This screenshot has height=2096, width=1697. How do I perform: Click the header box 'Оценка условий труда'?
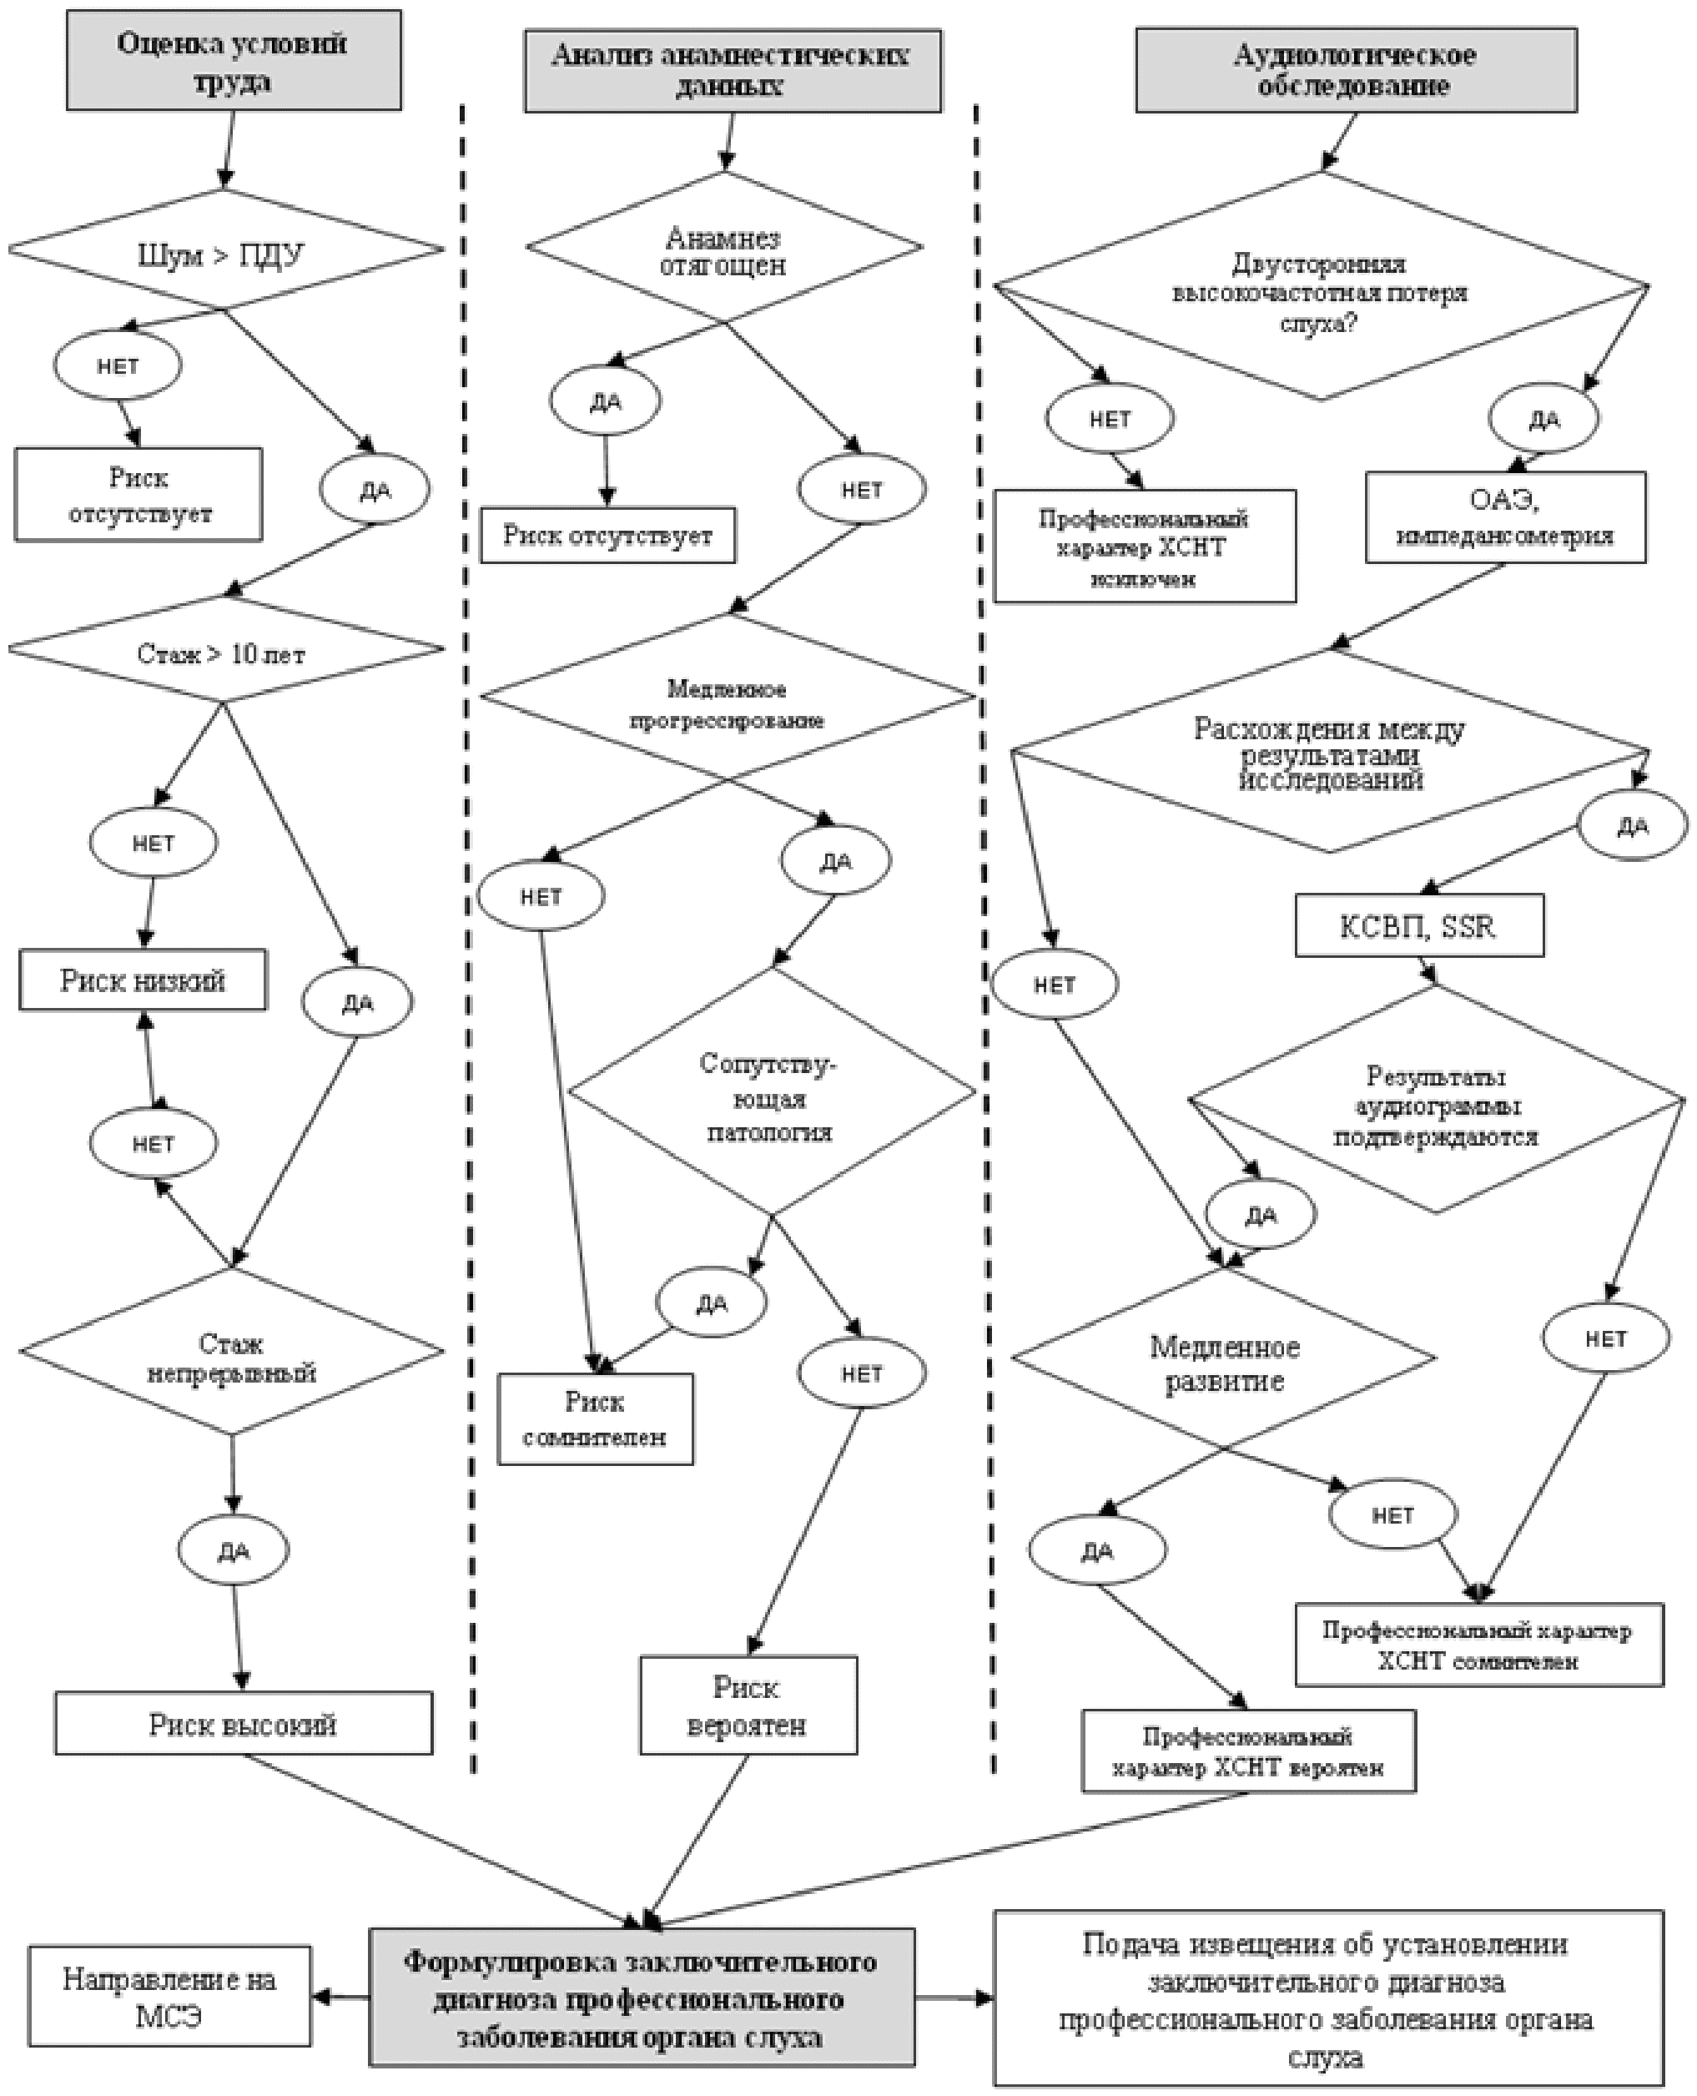233,61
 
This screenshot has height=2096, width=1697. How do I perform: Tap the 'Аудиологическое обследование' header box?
1355,69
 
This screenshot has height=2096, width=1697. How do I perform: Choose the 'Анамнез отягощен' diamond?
723,250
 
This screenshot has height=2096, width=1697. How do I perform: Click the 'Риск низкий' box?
143,980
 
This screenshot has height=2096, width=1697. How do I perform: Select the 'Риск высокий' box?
244,1724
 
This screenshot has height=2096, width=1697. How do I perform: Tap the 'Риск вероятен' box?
748,1705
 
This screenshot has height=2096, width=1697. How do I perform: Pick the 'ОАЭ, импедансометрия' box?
1504,517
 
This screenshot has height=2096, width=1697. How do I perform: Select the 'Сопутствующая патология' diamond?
771,1095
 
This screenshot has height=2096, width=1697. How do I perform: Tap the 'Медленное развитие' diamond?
1224,1363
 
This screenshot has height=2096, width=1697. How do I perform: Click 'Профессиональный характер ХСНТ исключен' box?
1144,547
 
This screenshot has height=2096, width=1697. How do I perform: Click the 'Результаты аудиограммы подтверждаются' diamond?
1436,1104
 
